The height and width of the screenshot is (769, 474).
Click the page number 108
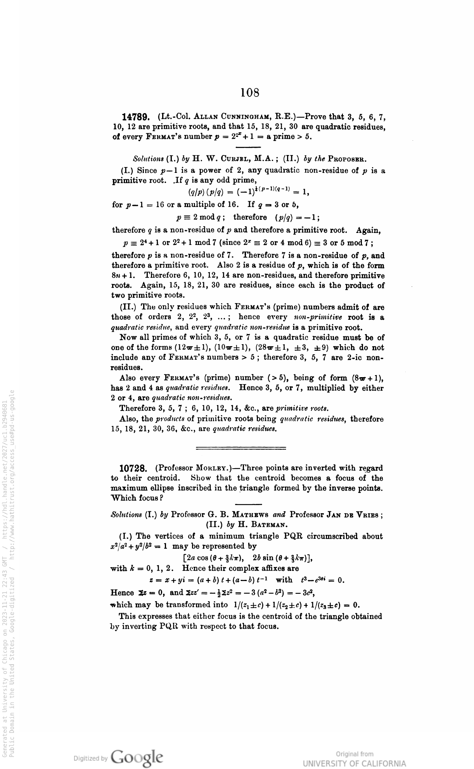point(249,93)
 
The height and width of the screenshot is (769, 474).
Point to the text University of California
point(354,764)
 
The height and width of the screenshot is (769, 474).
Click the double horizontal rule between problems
point(241,448)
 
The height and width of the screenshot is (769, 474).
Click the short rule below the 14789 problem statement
point(248,147)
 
